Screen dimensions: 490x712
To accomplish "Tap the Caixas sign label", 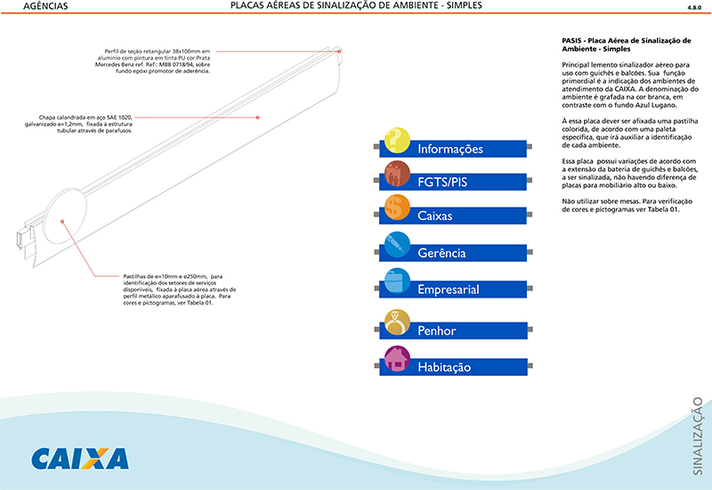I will [435, 216].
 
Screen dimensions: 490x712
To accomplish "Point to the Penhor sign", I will [449, 331].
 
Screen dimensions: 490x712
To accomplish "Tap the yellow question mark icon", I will [396, 142].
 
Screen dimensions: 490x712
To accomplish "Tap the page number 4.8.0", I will [694, 7].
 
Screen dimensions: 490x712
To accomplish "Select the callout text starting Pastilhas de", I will [173, 290].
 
